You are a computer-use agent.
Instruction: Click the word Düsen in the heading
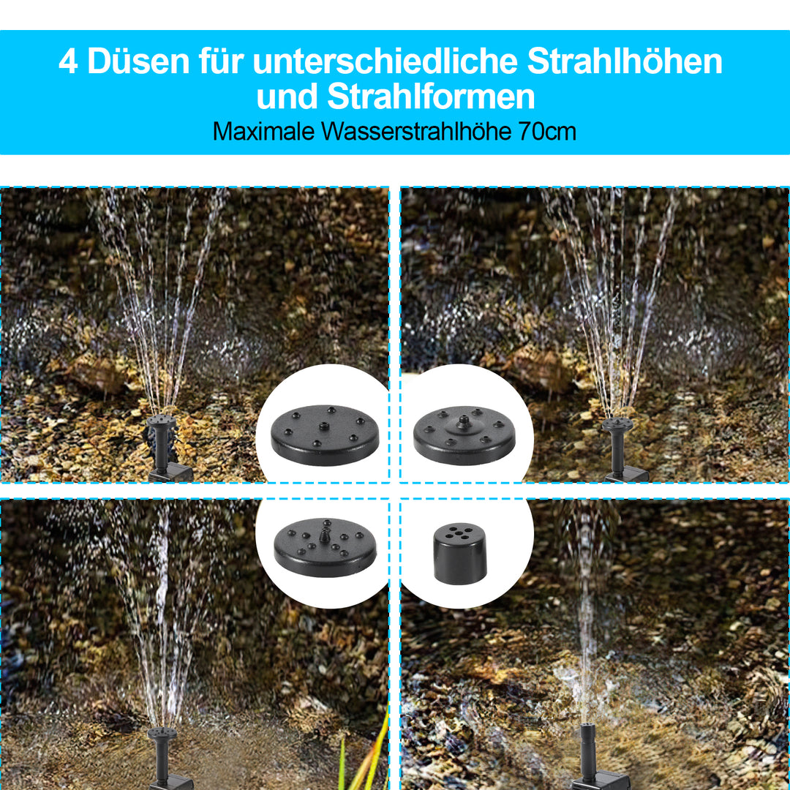(x=136, y=62)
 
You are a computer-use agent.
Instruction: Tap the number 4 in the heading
(x=68, y=62)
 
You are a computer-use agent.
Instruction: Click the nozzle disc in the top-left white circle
(x=326, y=435)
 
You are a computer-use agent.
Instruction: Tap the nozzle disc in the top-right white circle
(x=464, y=436)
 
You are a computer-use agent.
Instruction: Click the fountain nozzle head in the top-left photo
(x=160, y=422)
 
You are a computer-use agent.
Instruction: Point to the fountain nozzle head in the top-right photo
(x=617, y=424)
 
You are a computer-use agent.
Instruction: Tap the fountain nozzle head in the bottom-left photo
(x=160, y=733)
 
